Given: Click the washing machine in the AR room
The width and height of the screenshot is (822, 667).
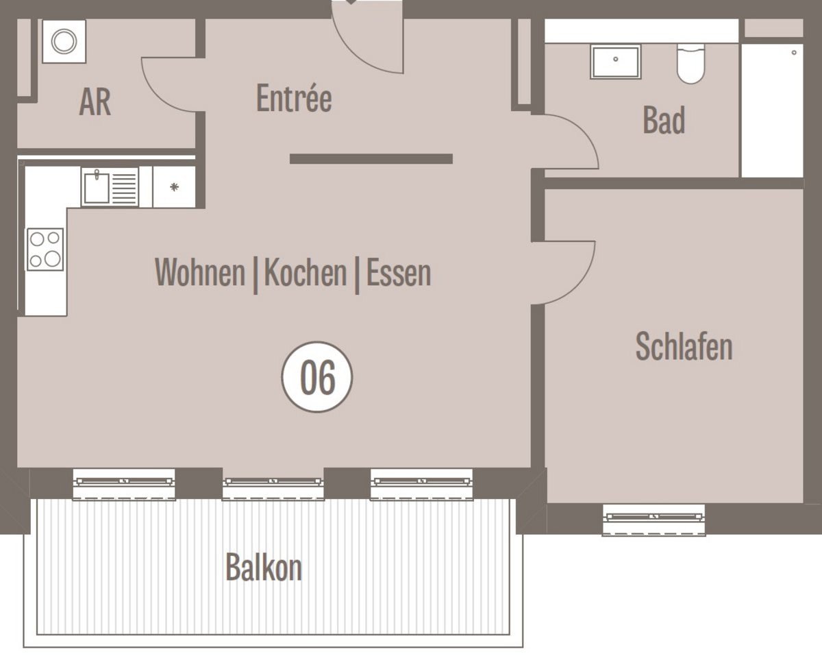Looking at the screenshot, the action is pos(64,41).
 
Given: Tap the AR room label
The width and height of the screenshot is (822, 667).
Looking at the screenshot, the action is pos(95,102).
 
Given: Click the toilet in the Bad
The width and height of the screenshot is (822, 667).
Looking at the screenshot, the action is pos(690,64).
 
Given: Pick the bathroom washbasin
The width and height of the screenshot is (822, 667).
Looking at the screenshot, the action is pos(616,62).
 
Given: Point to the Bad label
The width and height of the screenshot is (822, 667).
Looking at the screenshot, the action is pos(664,120).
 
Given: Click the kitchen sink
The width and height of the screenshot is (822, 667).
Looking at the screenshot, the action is pos(110,187).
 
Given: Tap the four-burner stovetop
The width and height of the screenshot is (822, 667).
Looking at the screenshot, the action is pos(45,249).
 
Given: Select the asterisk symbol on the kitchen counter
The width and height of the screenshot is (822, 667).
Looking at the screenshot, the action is pos(175,187).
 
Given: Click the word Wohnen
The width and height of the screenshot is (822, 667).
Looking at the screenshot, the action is pos(200,272).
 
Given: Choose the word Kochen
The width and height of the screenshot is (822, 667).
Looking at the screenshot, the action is pos(306,272).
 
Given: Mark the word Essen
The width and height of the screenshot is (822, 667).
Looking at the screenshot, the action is pos(398,272).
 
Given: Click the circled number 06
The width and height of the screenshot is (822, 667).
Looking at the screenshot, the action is pos(317,377).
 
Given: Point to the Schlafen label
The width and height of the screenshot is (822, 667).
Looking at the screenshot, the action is pos(684,346).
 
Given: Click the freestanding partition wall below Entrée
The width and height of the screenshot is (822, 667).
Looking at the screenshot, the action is pos(371,159).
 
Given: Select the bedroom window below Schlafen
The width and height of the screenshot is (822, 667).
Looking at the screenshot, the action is pos(653,520).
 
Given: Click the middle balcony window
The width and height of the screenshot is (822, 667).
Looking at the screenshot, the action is pos(273,485).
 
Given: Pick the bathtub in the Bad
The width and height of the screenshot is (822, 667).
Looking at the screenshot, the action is pos(772,110).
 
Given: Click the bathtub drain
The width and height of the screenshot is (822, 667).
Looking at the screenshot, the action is pos(794,53).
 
